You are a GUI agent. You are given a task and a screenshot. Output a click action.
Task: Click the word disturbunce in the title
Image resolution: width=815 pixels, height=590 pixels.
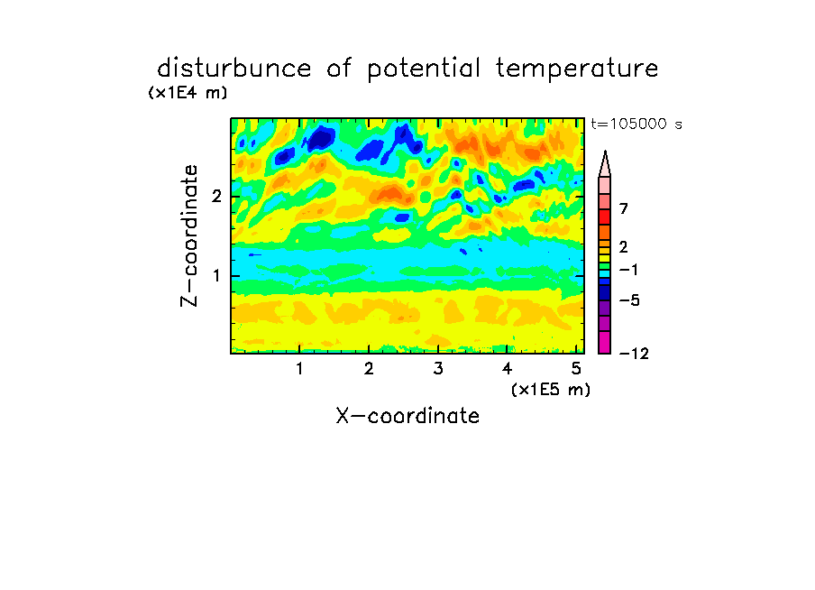click(234, 69)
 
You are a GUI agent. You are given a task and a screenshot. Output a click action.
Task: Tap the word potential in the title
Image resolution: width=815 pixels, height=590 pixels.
click(424, 69)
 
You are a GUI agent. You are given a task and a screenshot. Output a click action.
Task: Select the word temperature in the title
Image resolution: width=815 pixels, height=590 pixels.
click(577, 69)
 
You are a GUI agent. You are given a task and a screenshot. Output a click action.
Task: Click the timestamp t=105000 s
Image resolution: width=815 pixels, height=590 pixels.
click(636, 124)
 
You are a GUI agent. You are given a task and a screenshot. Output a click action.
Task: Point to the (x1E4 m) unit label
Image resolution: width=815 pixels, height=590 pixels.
click(188, 93)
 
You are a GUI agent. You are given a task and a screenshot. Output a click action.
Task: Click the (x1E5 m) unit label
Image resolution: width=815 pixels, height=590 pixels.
click(551, 389)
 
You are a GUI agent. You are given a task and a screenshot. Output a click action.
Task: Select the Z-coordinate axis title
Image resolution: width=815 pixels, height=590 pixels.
click(189, 235)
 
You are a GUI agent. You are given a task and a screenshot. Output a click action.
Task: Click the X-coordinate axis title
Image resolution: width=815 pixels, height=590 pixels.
click(408, 416)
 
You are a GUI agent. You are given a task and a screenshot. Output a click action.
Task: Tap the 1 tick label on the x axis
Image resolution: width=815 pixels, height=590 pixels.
click(299, 369)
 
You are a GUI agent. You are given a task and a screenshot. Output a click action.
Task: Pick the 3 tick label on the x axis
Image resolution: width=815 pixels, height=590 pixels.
click(438, 369)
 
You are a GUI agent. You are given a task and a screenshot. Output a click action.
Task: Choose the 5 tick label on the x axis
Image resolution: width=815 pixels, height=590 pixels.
click(576, 369)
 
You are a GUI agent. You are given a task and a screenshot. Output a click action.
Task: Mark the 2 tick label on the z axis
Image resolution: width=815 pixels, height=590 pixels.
click(216, 197)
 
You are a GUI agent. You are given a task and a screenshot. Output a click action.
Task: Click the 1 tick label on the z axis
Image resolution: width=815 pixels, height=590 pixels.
click(216, 276)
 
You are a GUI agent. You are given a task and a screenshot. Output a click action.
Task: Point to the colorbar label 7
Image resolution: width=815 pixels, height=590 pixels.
click(624, 208)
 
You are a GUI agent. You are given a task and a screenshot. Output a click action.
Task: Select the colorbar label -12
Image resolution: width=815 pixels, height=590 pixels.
click(634, 354)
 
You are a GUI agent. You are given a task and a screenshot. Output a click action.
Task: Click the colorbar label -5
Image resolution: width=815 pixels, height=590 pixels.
click(629, 300)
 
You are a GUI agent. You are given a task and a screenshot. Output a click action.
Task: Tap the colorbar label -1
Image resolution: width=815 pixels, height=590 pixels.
click(628, 270)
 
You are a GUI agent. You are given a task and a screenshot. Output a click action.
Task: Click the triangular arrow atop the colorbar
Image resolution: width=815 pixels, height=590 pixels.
click(605, 163)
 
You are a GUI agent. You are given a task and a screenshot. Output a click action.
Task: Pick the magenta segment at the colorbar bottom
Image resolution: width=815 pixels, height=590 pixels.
click(605, 342)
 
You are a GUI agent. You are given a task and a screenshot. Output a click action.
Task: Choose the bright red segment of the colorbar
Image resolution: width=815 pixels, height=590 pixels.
click(605, 217)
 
